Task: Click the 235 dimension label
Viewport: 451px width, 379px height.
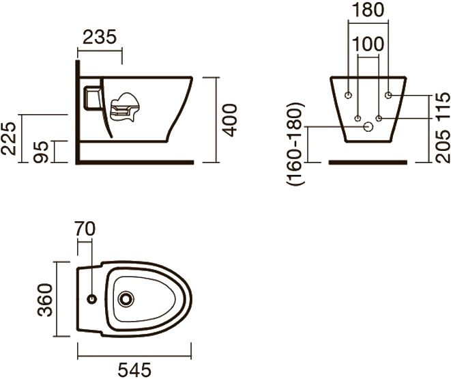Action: [100, 37]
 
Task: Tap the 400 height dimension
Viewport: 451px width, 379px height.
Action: [231, 120]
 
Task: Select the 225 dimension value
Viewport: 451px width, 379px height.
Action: [8, 139]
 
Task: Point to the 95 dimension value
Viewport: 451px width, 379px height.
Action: [41, 152]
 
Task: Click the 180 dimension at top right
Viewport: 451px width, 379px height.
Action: [368, 10]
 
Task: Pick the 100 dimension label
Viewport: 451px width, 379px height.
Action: [368, 44]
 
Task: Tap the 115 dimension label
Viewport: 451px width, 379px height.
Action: [443, 105]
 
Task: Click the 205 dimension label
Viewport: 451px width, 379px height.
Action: [443, 146]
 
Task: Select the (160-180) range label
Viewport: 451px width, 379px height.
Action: [295, 143]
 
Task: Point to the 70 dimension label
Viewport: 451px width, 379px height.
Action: [85, 229]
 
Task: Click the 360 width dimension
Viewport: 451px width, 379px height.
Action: [46, 300]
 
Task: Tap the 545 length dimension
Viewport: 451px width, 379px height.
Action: [134, 370]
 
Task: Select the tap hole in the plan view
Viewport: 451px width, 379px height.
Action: [92, 299]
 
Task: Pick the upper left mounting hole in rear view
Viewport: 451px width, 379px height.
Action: [349, 95]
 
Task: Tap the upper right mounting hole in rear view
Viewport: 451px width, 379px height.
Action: [388, 95]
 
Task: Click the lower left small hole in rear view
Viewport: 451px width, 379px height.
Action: [358, 118]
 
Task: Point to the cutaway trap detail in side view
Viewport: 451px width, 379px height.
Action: [125, 107]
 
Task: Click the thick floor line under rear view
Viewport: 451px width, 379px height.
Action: [368, 163]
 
